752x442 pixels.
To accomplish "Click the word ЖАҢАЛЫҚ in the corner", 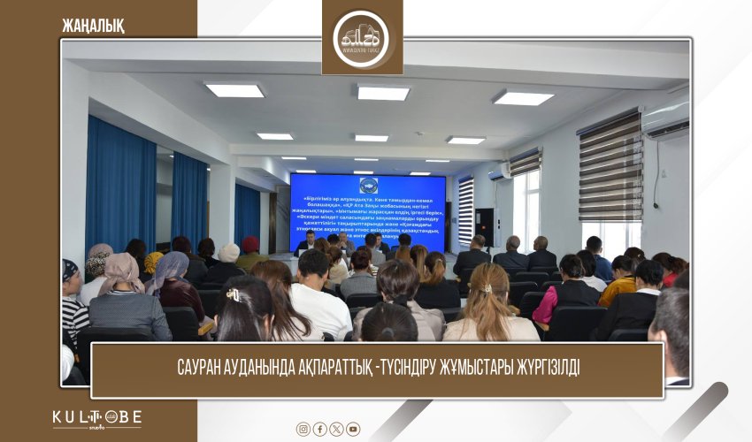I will tap(93, 26).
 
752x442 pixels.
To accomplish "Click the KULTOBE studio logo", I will tap(96, 419).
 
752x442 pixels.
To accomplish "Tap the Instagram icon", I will tap(303, 429).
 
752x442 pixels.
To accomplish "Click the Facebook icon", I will tap(320, 429).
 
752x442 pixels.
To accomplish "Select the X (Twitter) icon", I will tap(336, 429).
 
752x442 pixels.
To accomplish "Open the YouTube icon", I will tap(353, 429).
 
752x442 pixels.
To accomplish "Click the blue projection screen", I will tap(368, 212).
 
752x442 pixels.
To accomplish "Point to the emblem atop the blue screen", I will tap(367, 186).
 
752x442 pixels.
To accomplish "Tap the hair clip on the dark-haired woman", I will tap(233, 295).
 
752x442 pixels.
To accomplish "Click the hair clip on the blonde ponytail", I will tap(487, 288).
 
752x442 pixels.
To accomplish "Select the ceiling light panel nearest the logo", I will tap(382, 92).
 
